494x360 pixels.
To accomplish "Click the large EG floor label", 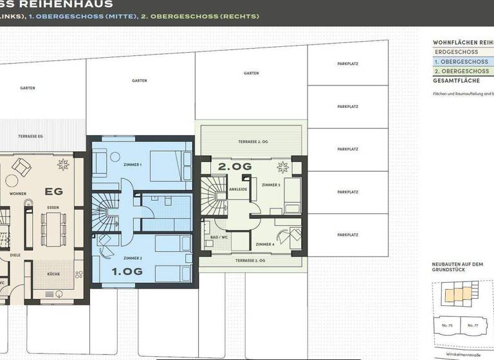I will coord(53,191).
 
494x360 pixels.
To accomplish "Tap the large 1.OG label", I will coord(127,271).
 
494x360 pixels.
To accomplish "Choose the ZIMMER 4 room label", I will coord(264,245).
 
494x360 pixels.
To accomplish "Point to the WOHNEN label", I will coord(17,193).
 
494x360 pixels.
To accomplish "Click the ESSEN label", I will coord(53,208).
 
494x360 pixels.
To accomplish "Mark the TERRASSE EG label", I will coord(30,136).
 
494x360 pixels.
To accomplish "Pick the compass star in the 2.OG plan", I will coord(281,168).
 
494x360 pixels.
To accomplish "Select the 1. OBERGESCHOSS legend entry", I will coord(461,62).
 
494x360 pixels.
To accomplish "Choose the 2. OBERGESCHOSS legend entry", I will coord(461,71).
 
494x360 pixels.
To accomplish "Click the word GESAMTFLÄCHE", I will coord(456,81).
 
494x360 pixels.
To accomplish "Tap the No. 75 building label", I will coord(448,325).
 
